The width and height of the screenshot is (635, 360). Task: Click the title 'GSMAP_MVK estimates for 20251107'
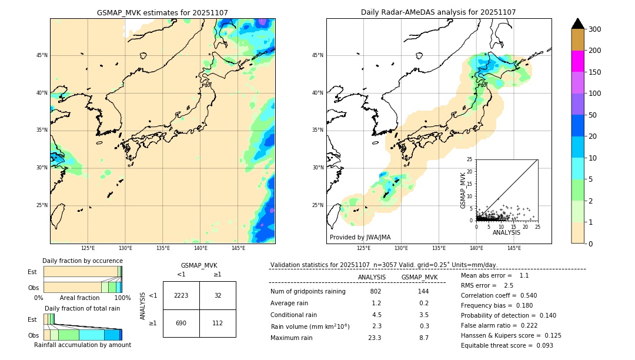(x=162, y=12)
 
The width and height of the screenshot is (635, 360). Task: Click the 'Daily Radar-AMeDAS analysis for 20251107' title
(x=438, y=12)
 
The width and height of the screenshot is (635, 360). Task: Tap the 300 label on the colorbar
(x=596, y=29)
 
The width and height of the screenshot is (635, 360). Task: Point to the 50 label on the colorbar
(x=594, y=115)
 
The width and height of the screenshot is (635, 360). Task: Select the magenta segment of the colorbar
(x=577, y=61)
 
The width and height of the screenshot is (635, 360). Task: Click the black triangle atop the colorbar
(x=577, y=24)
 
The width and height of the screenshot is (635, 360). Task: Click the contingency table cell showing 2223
(x=181, y=295)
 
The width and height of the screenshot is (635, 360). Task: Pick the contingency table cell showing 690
(x=181, y=323)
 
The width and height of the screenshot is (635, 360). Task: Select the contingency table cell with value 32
(x=218, y=295)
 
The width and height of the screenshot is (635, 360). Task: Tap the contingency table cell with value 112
(x=218, y=323)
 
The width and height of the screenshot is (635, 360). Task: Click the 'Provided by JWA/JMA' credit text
(x=360, y=238)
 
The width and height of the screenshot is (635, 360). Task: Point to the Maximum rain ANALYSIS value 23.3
(x=375, y=338)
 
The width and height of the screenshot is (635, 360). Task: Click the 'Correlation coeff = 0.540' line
(x=499, y=295)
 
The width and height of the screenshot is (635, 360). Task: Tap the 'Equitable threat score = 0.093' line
(x=507, y=345)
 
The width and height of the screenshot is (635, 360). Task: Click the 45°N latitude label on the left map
(x=42, y=55)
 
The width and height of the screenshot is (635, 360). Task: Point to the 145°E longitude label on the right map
(x=514, y=248)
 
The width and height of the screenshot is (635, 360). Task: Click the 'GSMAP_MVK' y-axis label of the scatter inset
(x=463, y=190)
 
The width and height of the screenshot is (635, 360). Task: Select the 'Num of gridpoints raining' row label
(x=308, y=292)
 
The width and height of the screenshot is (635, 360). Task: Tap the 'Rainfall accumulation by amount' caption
(x=82, y=345)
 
